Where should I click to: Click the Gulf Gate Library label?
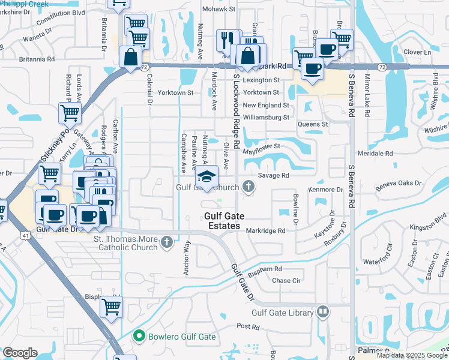282,312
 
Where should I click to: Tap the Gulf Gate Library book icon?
323,311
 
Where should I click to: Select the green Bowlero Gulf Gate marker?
139,337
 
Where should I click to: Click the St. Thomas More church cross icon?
167,243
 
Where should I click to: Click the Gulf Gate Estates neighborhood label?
230,221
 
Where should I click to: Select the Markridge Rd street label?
264,230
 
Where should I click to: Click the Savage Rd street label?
274,175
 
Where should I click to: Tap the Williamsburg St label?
266,118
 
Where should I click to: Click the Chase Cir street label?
286,280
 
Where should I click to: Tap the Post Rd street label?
247,326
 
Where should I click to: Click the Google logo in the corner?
20,352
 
